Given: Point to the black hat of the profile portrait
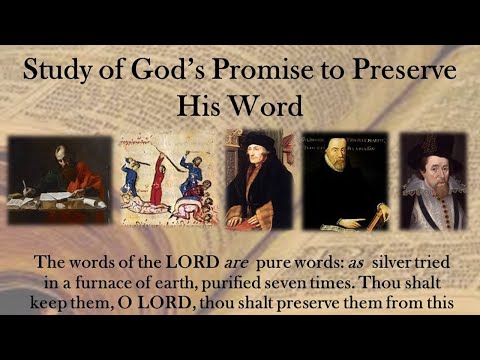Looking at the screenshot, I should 258,141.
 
